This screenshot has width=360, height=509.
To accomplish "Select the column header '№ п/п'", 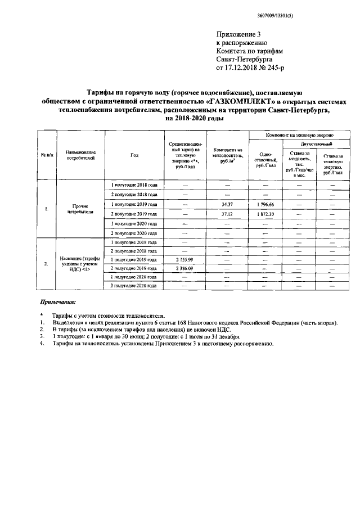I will pyautogui.click(x=47, y=155).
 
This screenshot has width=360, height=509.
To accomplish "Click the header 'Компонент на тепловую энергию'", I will pyautogui.click(x=292, y=136).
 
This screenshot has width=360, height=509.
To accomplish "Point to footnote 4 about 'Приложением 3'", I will pyautogui.click(x=163, y=344).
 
